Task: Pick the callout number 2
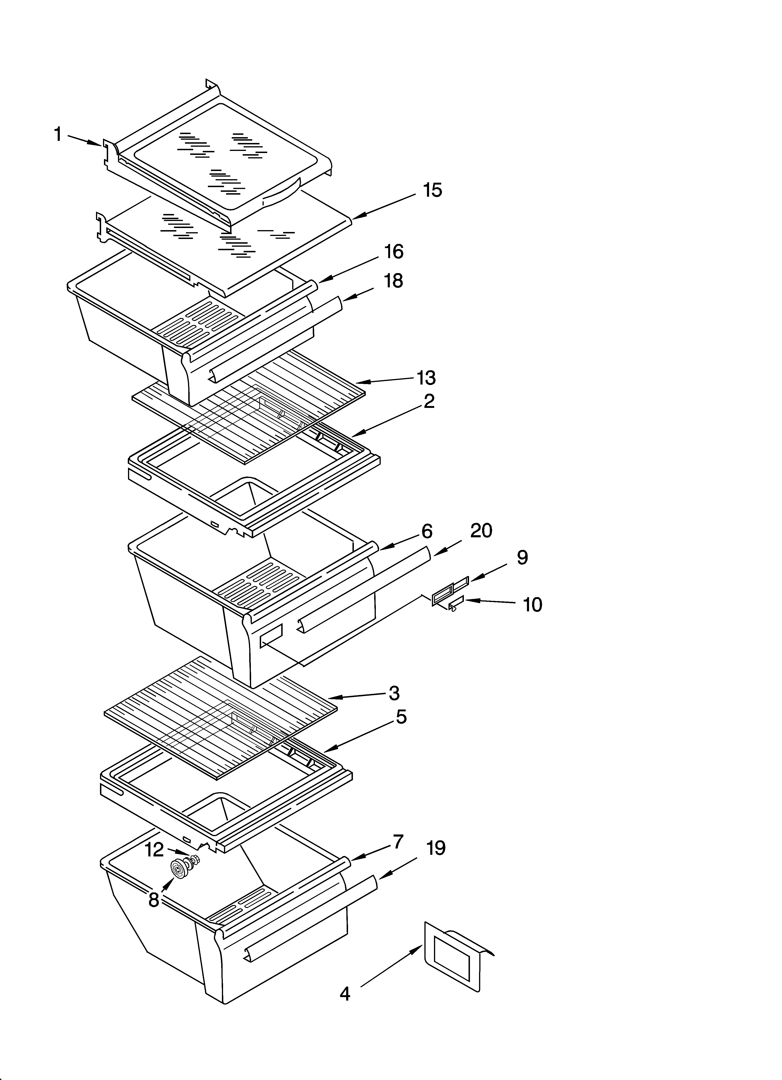tap(429, 401)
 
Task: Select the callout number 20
tap(481, 531)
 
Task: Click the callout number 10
tap(533, 605)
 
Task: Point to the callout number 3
tap(394, 693)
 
